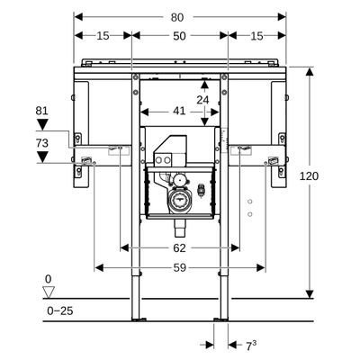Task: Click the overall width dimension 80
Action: [180, 16]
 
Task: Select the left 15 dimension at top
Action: [103, 35]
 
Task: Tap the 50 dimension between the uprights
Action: [180, 35]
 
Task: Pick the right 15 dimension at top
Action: [256, 35]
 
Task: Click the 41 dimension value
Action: [180, 111]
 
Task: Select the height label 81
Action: [41, 111]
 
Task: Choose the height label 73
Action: [41, 142]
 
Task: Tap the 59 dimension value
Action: [180, 267]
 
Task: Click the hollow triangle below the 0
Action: [49, 291]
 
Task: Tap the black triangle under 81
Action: [42, 125]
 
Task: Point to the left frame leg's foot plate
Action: [137, 317]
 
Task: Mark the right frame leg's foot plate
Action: [220, 317]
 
